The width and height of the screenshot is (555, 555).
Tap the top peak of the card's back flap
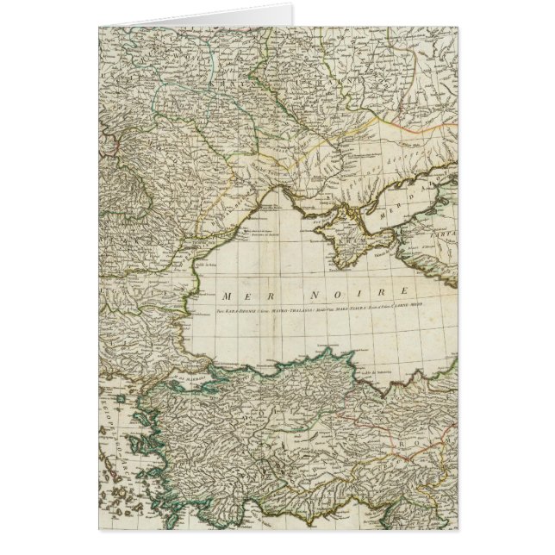pos(292,6)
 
